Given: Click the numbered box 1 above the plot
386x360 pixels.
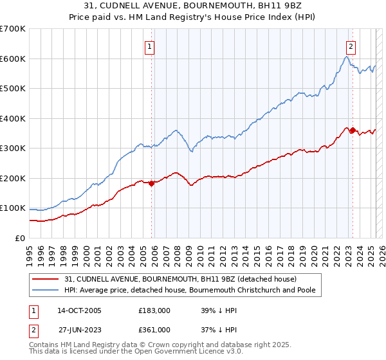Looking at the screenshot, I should click(x=149, y=46).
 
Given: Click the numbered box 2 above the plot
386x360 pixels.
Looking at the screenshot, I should click(x=351, y=46).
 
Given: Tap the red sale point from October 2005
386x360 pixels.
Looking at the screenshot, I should click(x=152, y=183).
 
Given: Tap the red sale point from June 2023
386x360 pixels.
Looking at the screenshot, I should click(x=353, y=130).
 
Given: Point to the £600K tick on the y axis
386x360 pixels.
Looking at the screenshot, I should click(x=13, y=59).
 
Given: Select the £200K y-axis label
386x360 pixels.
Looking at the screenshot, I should click(x=13, y=178).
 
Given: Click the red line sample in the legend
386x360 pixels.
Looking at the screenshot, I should click(x=46, y=279).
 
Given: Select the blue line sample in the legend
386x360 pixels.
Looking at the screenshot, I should click(x=46, y=291).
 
